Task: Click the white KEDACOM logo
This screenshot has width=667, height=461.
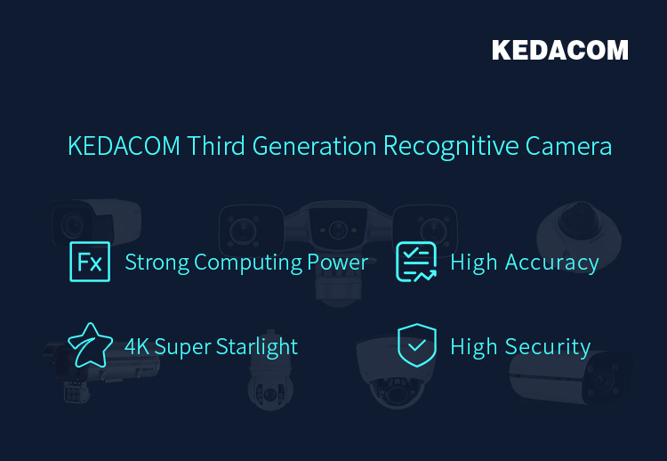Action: coord(559,50)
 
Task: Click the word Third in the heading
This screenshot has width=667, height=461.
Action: coord(216,146)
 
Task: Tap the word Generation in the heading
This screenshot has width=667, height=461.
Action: coord(314,146)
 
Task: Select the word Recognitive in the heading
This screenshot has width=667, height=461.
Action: coord(451,147)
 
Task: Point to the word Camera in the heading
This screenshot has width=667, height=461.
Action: coord(568,147)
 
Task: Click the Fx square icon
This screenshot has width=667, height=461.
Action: coord(90,262)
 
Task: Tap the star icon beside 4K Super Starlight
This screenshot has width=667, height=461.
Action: coord(90,345)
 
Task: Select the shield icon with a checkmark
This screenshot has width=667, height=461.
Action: coord(417,345)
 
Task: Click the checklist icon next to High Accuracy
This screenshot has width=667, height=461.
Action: coord(416,262)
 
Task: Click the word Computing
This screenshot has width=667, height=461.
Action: coord(247,263)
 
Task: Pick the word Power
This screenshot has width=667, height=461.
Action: coord(337,262)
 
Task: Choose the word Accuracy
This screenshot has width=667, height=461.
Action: coord(551,263)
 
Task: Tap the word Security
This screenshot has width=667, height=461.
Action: coord(548,347)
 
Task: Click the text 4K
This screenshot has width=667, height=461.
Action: coord(137,346)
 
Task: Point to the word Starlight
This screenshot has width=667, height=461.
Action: coord(257,347)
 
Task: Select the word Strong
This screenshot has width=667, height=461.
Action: coord(157,263)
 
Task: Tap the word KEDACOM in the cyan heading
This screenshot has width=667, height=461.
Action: coord(124,146)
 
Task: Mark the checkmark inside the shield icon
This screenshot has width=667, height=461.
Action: coord(417,344)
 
